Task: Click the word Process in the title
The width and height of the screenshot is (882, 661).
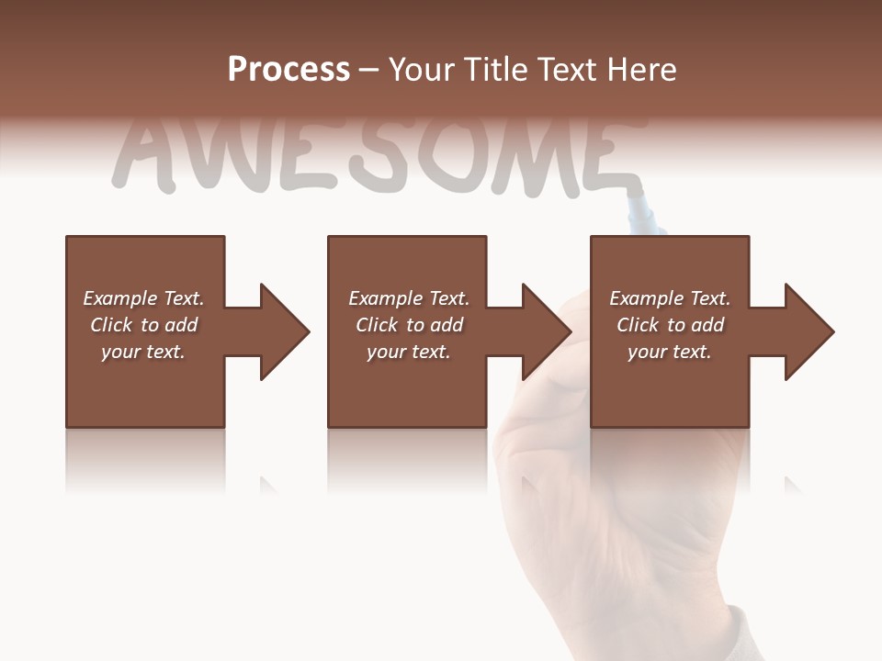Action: [288, 70]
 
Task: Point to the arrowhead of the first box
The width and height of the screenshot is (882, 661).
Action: [285, 331]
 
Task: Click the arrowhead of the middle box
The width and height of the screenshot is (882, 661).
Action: [547, 331]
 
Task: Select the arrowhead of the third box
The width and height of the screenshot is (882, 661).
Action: [809, 331]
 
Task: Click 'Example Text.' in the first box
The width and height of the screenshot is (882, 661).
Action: [143, 298]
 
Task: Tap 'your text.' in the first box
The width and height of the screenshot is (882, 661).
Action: [143, 352]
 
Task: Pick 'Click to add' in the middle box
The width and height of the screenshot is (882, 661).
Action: [409, 325]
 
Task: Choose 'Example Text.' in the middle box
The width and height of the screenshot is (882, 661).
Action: [409, 298]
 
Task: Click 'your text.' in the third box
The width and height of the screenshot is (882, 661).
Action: [670, 352]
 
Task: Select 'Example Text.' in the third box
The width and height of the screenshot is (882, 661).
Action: [670, 298]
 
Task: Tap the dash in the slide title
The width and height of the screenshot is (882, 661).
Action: [369, 71]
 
